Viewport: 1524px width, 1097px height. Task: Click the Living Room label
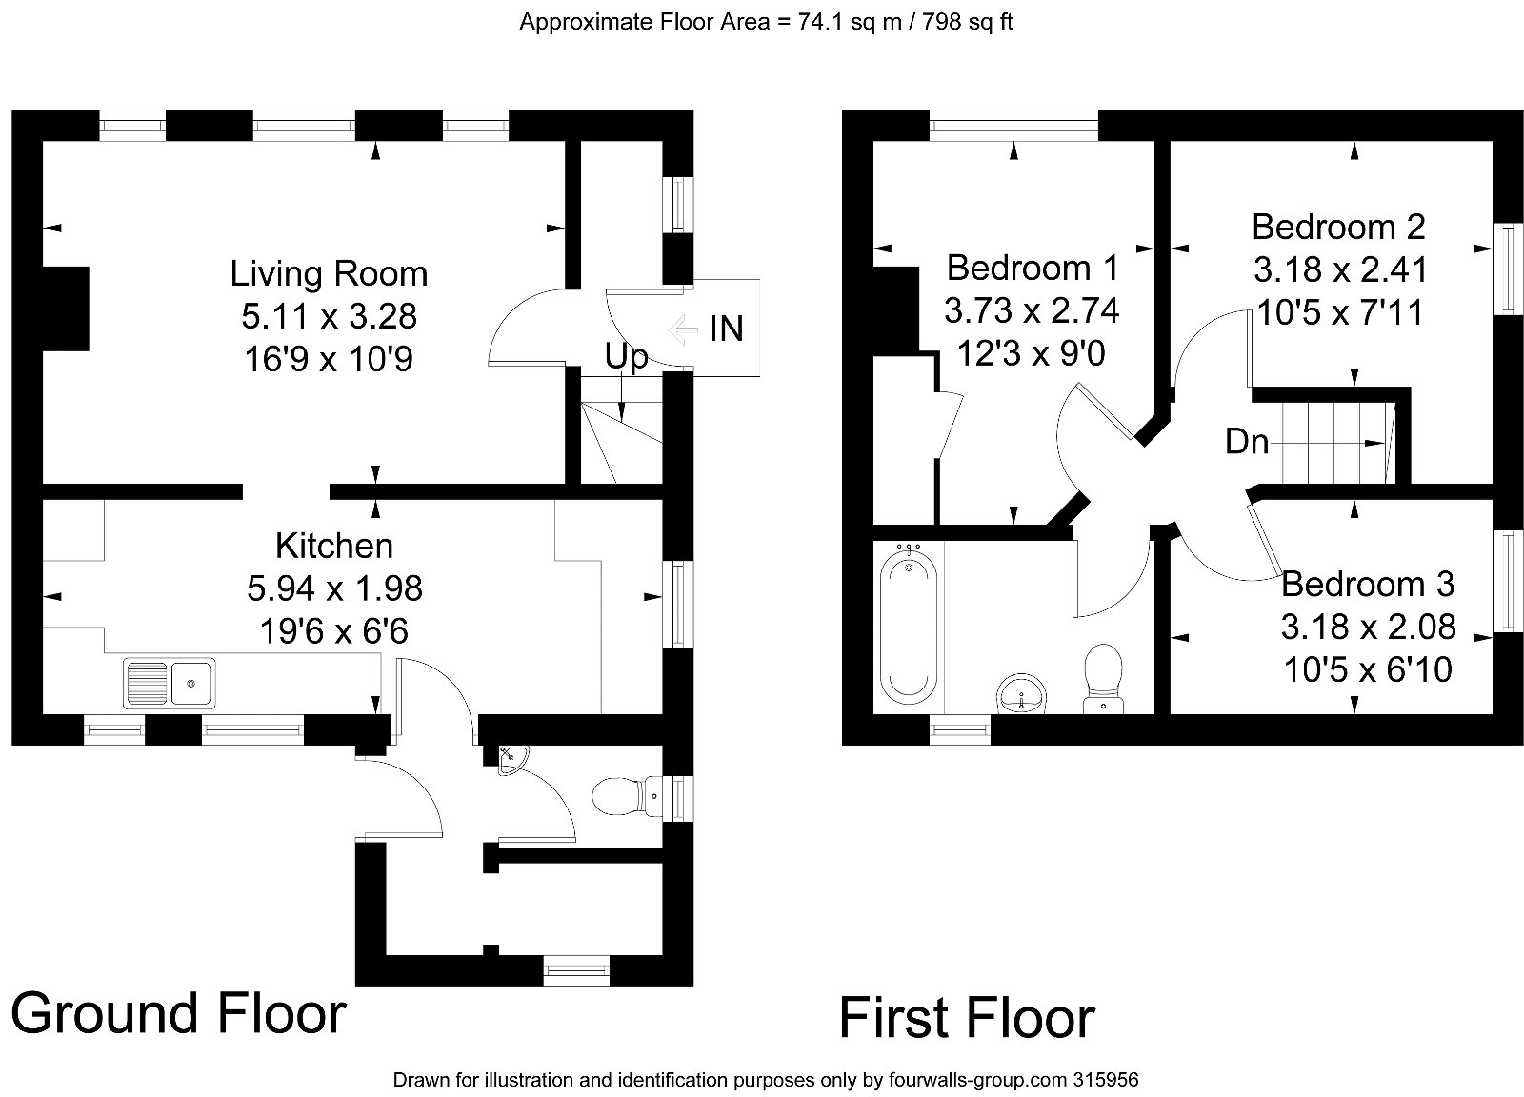[329, 274]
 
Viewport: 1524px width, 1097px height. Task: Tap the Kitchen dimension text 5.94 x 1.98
[334, 588]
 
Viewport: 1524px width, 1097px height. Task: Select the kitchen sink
[169, 683]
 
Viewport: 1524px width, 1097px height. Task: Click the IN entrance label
[727, 329]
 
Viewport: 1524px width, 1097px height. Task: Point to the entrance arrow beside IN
[683, 329]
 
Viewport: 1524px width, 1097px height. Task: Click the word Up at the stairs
[626, 357]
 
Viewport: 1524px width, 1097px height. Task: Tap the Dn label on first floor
[1247, 442]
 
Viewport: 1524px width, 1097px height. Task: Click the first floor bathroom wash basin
[1021, 694]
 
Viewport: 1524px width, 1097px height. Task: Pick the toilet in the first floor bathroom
[1104, 676]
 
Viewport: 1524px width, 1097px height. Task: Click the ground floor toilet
[619, 795]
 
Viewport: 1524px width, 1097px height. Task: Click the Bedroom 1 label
[1033, 268]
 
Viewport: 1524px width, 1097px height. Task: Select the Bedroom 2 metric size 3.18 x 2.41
[1340, 270]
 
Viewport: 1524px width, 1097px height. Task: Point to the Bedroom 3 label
[1368, 583]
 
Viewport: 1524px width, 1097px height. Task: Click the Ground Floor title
[178, 1013]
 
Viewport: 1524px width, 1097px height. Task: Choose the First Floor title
[967, 1018]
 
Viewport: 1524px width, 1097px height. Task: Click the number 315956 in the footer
[1105, 1081]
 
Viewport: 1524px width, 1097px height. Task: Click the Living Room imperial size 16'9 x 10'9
[329, 359]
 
